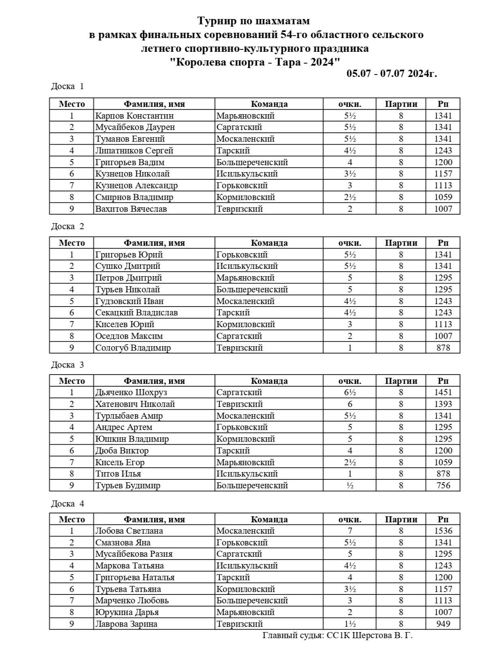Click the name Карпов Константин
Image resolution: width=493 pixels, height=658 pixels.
(x=134, y=116)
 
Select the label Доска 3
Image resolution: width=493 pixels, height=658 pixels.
(x=67, y=365)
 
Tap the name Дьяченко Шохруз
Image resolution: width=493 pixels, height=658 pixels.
(x=131, y=392)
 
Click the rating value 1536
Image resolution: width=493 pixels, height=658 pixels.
(x=443, y=531)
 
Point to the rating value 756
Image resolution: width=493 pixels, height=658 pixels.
(x=443, y=485)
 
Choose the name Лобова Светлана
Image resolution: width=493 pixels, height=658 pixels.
(x=129, y=531)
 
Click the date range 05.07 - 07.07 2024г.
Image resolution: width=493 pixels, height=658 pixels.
(x=391, y=74)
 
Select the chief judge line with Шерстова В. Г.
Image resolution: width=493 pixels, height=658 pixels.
(x=337, y=635)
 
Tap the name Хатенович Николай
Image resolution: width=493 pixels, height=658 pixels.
(x=135, y=404)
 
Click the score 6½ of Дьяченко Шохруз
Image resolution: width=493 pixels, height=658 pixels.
(x=350, y=392)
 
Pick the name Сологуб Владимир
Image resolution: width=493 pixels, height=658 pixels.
(x=133, y=348)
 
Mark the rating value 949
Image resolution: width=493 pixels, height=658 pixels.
(x=443, y=624)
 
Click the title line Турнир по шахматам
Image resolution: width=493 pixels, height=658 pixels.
(x=254, y=20)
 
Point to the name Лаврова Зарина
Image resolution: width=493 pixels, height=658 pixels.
(x=126, y=624)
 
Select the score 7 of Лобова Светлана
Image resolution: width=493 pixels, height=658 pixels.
(x=350, y=531)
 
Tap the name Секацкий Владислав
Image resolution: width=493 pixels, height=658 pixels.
(x=137, y=313)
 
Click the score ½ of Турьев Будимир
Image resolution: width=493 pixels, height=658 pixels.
(x=350, y=485)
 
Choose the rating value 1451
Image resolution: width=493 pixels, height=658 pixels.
(x=443, y=392)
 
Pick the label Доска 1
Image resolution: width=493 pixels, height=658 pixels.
(x=67, y=86)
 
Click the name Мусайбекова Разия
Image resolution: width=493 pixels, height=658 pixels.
(x=134, y=554)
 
